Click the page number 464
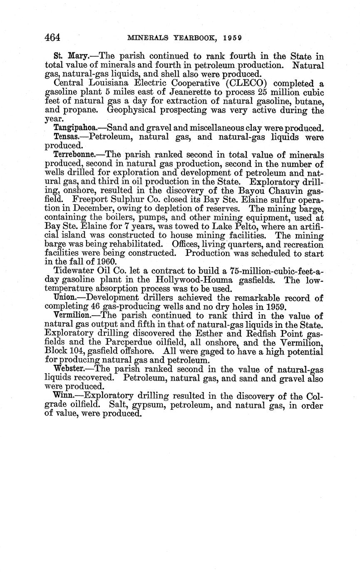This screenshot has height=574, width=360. click(52, 37)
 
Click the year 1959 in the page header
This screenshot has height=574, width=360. click(232, 38)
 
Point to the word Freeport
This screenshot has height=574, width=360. click(89, 199)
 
